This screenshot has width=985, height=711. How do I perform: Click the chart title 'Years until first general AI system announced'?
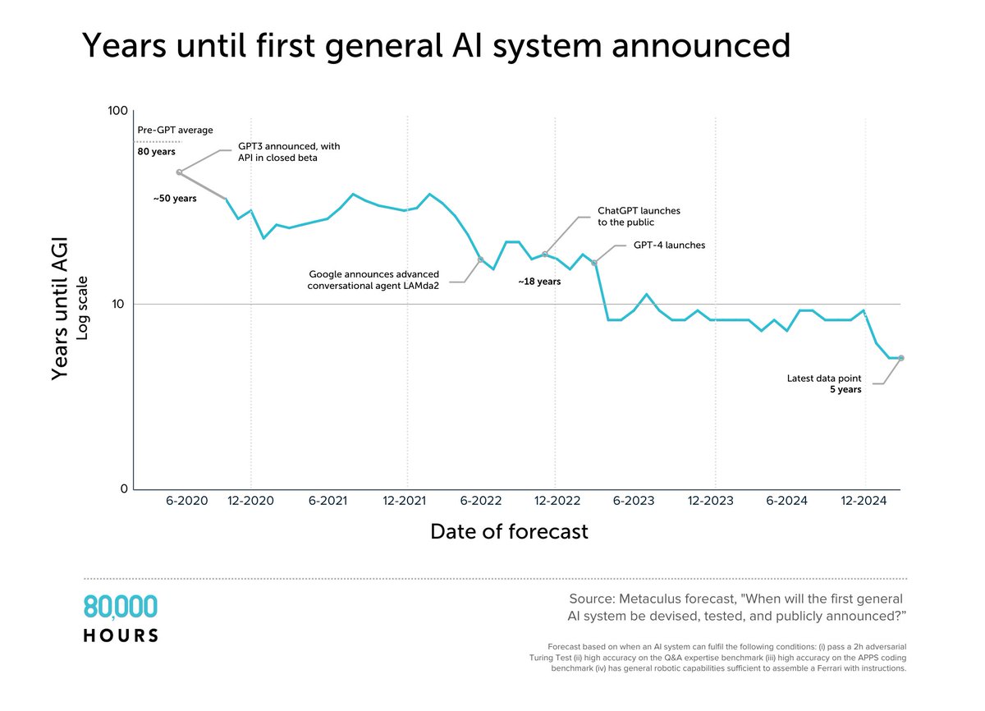tap(435, 47)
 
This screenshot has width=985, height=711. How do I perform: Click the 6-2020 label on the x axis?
tap(187, 501)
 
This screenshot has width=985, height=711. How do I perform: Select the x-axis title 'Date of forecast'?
tap(509, 532)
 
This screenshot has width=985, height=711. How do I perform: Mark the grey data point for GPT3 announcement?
tap(179, 172)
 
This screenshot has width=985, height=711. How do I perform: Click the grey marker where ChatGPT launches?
tap(544, 255)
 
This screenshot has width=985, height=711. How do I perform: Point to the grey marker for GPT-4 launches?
tap(595, 263)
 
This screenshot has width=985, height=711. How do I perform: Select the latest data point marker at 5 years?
tap(901, 358)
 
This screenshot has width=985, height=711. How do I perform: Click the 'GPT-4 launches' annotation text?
tap(669, 245)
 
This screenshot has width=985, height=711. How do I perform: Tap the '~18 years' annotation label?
tap(538, 282)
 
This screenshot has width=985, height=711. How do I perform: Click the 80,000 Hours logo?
tap(121, 618)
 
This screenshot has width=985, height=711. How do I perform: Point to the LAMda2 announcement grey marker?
tap(481, 259)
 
